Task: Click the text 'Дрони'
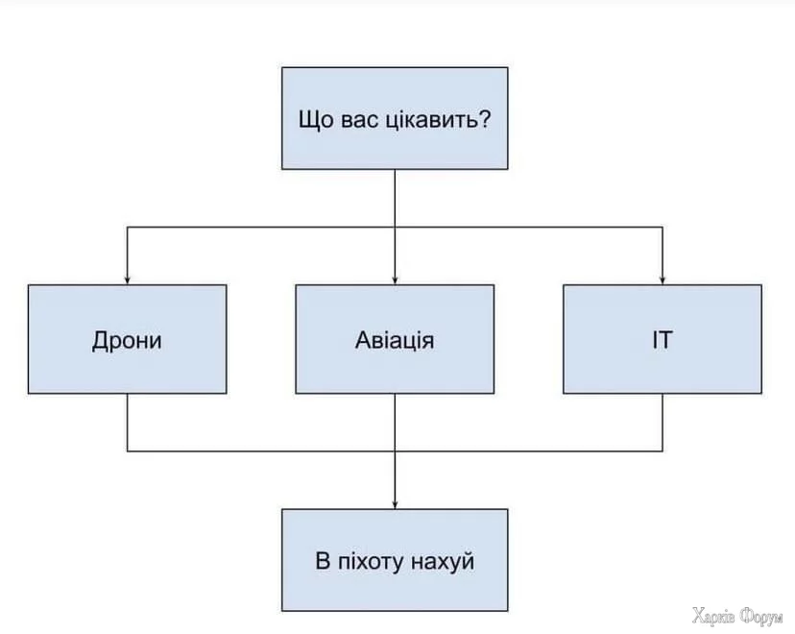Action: tap(127, 340)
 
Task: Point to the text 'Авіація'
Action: tap(395, 340)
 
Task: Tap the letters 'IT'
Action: tap(662, 340)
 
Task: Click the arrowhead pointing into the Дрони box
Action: tap(127, 279)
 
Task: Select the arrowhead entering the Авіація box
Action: tap(395, 279)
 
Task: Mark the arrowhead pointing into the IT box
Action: tap(662, 279)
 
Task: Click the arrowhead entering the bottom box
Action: tap(395, 503)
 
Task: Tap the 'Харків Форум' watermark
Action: tap(737, 615)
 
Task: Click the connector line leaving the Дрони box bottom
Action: tap(127, 423)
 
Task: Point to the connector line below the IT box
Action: tap(662, 423)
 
